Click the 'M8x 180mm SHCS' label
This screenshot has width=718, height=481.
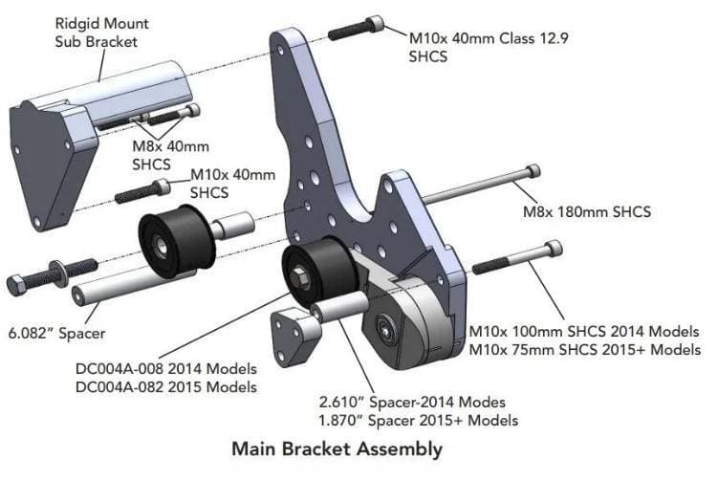tap(586, 211)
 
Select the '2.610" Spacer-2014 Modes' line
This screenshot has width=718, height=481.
tap(424, 402)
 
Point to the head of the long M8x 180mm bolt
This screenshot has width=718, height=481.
tap(532, 172)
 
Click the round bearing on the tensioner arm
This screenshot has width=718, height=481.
tap(387, 323)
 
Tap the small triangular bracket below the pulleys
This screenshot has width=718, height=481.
tap(295, 335)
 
